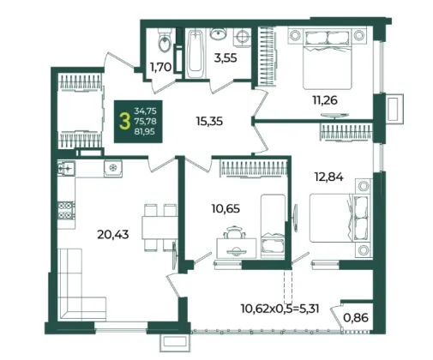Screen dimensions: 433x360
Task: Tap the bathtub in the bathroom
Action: tap(195, 53)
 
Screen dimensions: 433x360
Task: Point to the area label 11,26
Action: tap(325, 100)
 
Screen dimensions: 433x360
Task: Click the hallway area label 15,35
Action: tap(209, 121)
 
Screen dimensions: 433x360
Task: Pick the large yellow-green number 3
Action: tap(123, 121)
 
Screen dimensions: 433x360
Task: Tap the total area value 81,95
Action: tap(145, 132)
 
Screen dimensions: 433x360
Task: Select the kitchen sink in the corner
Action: tap(66, 168)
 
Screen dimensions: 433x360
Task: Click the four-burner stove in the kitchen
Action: tap(66, 211)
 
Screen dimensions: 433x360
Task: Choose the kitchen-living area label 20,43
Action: tap(113, 235)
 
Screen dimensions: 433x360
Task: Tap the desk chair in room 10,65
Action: tap(235, 232)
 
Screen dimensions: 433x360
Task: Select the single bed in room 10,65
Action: tap(273, 227)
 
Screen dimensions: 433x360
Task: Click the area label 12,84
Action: tap(328, 177)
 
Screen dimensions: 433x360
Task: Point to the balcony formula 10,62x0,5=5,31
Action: tap(280, 309)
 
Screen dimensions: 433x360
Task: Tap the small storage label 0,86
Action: tap(356, 317)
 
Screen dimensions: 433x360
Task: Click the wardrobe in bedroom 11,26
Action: tap(268, 56)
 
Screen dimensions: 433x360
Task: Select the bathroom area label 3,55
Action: tap(226, 58)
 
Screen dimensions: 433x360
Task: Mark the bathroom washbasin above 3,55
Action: tap(219, 33)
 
